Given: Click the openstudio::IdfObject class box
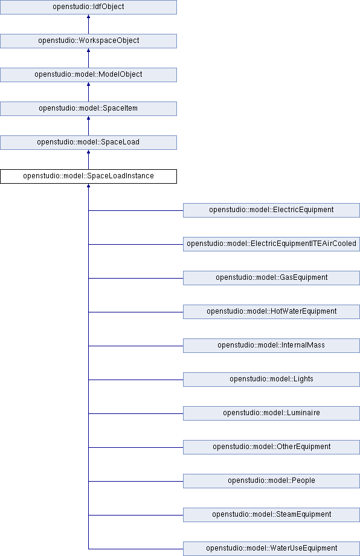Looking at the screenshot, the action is click(88, 7).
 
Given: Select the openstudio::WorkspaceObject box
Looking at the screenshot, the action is click(88, 40).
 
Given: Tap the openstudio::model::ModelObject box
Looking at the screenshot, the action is click(88, 75).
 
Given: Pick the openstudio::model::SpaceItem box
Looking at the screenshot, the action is click(88, 109).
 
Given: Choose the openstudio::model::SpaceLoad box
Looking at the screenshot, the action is click(88, 143).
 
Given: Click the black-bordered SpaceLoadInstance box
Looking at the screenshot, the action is click(88, 176).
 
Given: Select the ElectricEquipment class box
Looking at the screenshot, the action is click(271, 210).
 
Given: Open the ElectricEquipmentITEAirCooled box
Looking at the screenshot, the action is click(271, 244).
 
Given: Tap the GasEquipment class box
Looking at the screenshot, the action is click(271, 278).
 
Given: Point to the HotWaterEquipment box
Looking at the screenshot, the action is click(271, 312).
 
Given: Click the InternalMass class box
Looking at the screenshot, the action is click(271, 346).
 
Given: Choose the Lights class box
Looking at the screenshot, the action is click(271, 380).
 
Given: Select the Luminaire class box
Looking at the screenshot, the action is click(271, 413).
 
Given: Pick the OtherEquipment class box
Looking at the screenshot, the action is click(271, 447).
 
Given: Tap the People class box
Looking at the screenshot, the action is click(271, 481).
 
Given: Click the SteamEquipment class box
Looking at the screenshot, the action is click(271, 515).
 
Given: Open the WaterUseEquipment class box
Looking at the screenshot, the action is click(271, 549).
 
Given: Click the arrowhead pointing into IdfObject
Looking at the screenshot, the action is click(88, 16).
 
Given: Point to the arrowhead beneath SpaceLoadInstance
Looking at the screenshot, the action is click(88, 186).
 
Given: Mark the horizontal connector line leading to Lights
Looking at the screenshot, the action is click(136, 380).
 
